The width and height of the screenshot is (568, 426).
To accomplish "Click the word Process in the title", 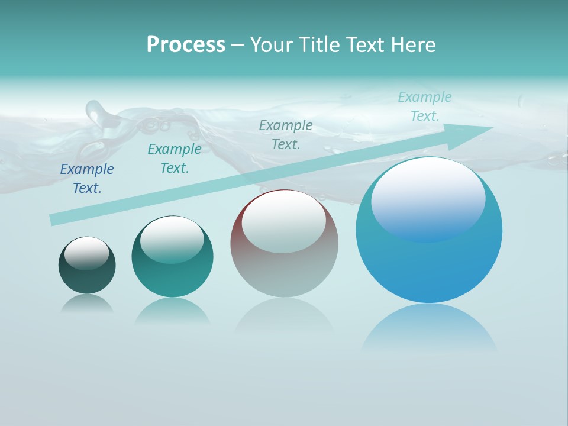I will (x=186, y=44).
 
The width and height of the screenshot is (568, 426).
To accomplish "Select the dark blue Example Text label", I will (x=87, y=179).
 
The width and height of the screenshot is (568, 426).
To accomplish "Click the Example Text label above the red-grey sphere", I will (x=286, y=135).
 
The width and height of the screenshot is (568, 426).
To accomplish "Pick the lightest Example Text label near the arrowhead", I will (x=424, y=106).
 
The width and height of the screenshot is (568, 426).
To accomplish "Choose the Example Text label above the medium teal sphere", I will (x=175, y=159).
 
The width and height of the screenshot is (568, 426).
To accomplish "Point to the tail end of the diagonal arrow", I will (x=52, y=220).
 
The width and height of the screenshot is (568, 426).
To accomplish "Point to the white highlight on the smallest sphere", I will (x=87, y=253).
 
